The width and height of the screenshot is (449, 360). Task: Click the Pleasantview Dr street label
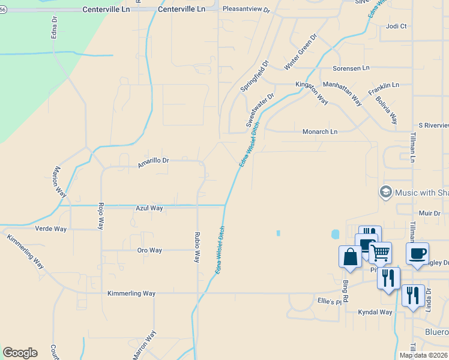point(246,10)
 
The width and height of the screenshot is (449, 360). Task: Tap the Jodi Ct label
point(397,26)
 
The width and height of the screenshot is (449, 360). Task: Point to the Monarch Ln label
point(320,131)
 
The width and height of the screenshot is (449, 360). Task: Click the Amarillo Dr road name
point(153,162)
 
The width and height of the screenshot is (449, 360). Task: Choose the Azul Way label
point(149,208)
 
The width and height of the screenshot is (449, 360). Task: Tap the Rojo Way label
point(101,215)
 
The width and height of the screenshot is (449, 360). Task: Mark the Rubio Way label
point(196,247)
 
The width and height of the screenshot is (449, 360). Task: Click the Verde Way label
point(52,229)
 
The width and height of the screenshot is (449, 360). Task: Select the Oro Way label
point(149,250)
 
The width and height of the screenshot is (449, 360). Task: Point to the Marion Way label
point(59,181)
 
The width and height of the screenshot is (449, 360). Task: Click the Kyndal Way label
point(375,312)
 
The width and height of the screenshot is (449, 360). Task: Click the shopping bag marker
point(350,256)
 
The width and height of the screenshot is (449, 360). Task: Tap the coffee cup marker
point(417,253)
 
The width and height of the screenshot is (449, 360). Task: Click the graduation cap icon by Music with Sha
point(385,192)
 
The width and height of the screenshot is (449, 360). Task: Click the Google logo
point(20,353)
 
